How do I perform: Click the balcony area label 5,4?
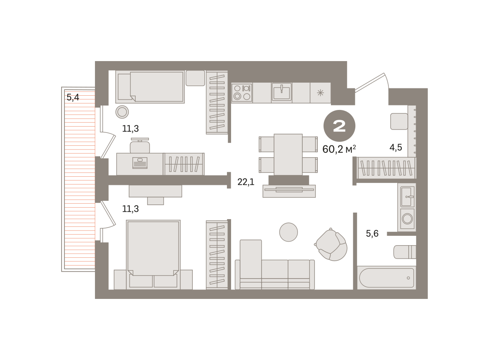point(73,97)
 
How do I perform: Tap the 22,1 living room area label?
point(246,182)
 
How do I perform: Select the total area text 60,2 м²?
point(339,149)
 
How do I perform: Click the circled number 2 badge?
point(339,126)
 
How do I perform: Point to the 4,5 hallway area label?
point(396,147)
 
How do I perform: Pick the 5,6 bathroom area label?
point(372,233)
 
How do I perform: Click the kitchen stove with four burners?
point(242,92)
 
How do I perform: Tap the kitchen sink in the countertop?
point(282,92)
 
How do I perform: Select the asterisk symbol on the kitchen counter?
point(320,93)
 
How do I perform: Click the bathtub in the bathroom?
point(386,278)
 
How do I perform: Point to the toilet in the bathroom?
point(405,252)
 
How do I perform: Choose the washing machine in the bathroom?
point(407,219)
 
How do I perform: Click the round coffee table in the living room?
point(289,232)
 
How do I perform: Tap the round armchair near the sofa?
point(331,245)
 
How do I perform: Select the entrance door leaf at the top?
point(369,83)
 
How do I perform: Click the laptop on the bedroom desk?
point(140,163)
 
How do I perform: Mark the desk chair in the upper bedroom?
point(140,145)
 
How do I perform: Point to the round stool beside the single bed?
point(122,112)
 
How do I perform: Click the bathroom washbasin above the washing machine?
point(407,197)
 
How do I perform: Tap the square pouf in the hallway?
point(399,121)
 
